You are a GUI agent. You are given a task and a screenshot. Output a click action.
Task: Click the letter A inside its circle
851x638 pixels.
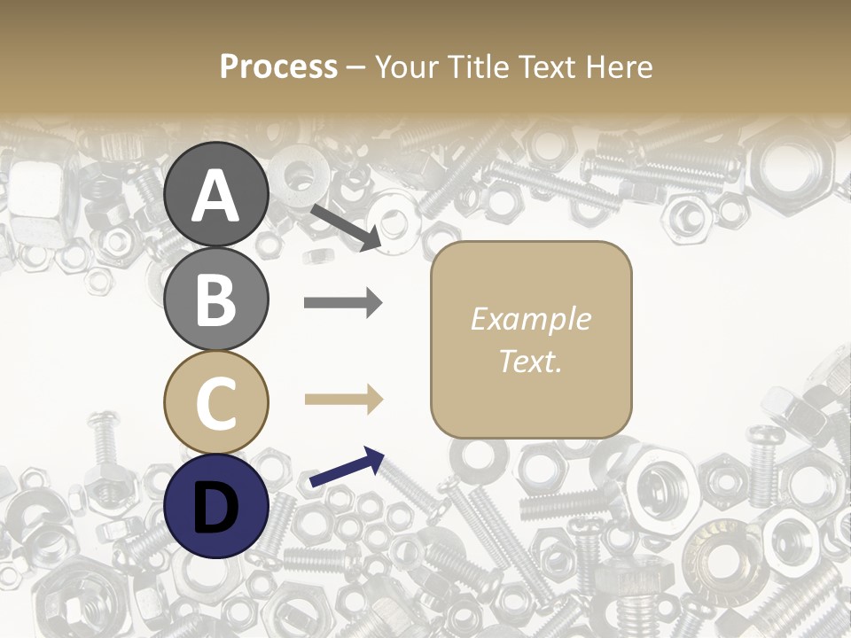[x=215, y=196]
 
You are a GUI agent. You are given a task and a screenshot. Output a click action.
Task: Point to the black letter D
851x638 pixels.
[x=215, y=508]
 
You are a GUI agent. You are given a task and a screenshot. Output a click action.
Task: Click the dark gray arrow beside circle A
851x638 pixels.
[x=346, y=226]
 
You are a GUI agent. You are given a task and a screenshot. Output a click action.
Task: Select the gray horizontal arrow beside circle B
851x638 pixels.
[x=343, y=303]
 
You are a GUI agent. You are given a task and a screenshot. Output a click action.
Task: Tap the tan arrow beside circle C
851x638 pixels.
[x=343, y=400]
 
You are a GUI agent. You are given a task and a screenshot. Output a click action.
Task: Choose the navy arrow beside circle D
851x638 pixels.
[x=347, y=468]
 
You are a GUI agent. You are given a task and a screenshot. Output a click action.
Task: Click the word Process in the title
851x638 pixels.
[x=278, y=66]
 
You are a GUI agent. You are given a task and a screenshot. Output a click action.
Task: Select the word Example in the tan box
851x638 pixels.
[x=530, y=319]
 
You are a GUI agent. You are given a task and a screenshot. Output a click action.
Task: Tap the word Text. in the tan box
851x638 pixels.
[x=530, y=361]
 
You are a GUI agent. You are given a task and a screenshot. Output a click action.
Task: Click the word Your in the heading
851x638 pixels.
[x=407, y=66]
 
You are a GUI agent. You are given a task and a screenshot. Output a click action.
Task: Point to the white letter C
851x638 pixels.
[x=215, y=403]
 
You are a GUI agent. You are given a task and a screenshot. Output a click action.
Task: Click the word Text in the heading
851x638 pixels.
[x=546, y=66]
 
